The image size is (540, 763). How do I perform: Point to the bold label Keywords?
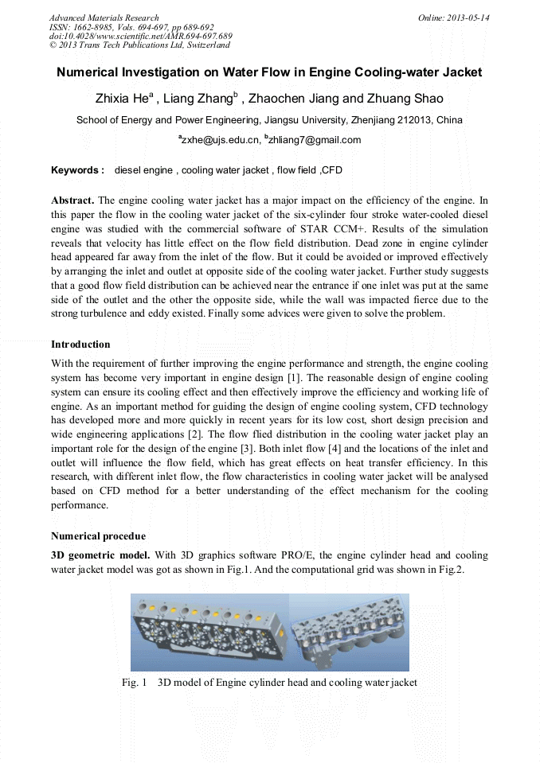(x=77, y=170)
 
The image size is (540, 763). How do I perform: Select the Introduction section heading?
(x=80, y=345)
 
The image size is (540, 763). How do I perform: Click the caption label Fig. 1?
(x=135, y=683)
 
